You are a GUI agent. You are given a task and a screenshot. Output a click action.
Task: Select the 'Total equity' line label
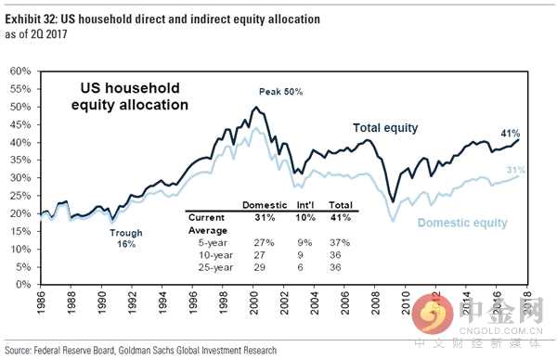click(x=385, y=128)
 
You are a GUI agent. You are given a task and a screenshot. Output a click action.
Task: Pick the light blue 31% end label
click(x=515, y=169)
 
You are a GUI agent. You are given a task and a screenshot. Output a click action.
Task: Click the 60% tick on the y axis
click(x=22, y=71)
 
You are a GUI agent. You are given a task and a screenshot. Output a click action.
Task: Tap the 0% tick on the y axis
click(x=25, y=284)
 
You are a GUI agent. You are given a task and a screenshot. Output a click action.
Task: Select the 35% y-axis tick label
click(x=22, y=160)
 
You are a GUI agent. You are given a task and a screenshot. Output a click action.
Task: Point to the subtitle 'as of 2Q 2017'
click(x=34, y=32)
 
